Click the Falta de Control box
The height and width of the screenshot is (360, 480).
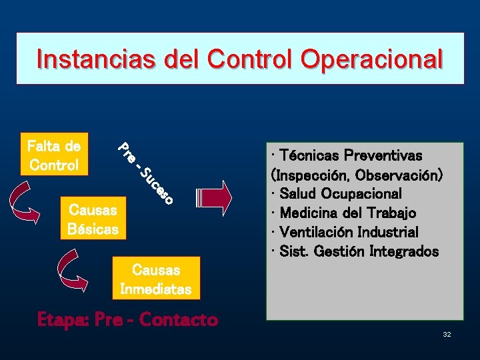click(x=53, y=155)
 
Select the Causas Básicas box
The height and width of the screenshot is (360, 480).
click(x=93, y=219)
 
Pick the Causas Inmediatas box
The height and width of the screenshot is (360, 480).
click(x=155, y=279)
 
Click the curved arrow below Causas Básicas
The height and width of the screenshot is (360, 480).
click(x=70, y=270)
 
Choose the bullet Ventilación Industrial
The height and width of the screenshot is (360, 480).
click(x=349, y=233)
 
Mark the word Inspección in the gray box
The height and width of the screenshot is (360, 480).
click(x=311, y=175)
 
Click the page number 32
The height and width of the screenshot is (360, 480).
click(x=447, y=333)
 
